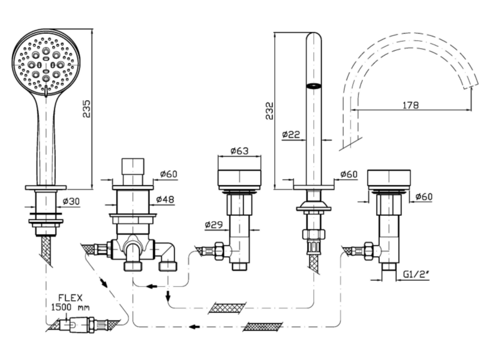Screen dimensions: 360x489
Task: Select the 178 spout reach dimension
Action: point(411,104)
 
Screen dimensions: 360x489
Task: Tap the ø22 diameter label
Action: point(291,135)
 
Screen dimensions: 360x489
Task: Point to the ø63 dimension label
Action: point(240,151)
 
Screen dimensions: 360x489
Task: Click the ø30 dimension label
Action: point(71,201)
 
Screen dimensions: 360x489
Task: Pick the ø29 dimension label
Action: point(214,225)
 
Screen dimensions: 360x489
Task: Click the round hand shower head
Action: point(46,62)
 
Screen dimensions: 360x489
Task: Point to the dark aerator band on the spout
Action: point(313,86)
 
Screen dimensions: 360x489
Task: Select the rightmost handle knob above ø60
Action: point(389,179)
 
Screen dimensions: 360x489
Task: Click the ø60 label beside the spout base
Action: point(349,175)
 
